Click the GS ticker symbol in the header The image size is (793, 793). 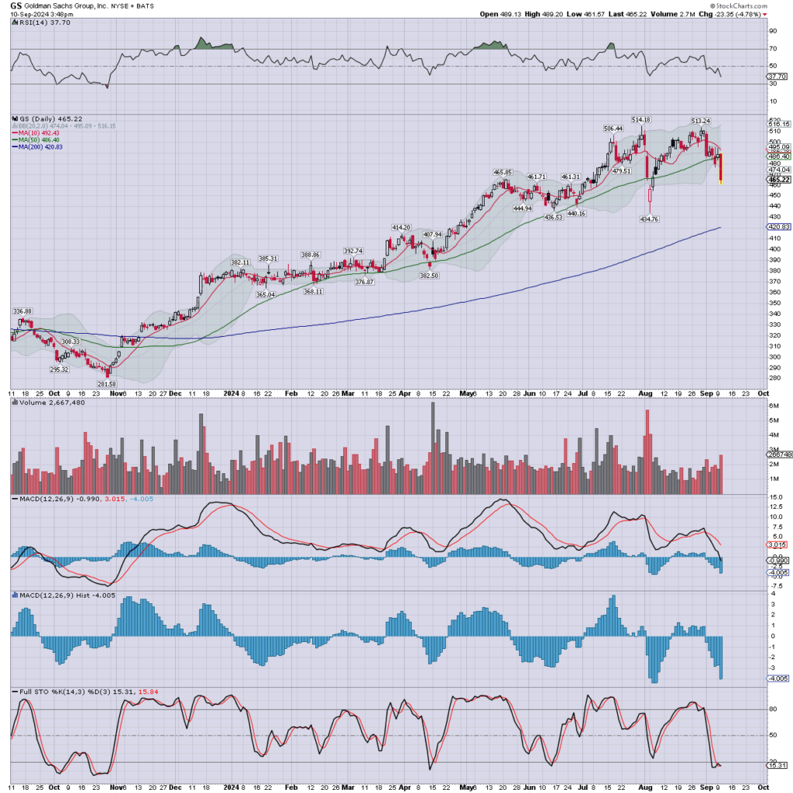(15, 5)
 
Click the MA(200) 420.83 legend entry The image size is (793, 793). (37, 147)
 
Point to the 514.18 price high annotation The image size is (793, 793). (640, 119)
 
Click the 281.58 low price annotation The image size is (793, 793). (107, 384)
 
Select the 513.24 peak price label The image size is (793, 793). (701, 121)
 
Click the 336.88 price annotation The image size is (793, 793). (22, 311)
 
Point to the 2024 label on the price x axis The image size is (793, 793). (231, 393)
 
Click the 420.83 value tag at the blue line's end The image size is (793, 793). (778, 227)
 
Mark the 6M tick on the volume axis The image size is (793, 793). (772, 420)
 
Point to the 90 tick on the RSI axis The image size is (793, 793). (772, 31)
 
